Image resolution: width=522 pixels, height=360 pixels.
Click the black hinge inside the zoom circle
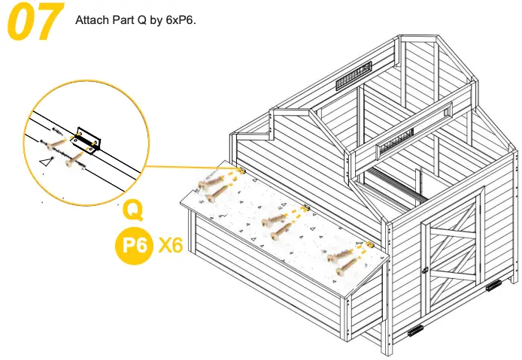tap(86, 138)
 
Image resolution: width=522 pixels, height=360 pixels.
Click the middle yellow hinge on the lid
tap(305, 207)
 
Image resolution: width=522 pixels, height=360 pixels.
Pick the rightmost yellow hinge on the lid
tap(369, 245)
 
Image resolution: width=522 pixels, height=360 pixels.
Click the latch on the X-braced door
tap(426, 269)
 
